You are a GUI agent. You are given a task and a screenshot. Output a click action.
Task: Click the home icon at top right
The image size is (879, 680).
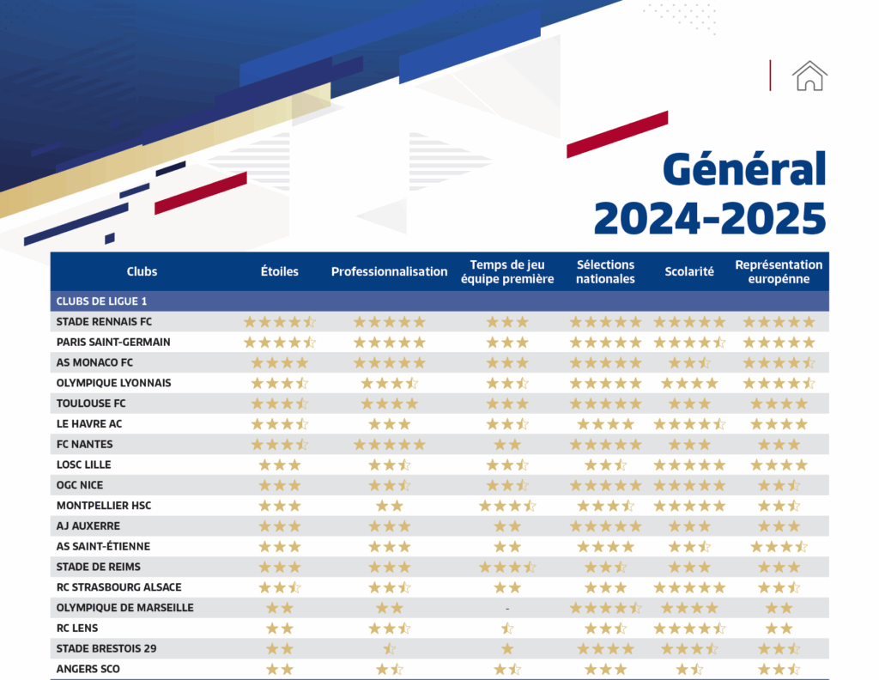810,76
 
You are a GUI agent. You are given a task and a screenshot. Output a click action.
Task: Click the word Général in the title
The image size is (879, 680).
744,168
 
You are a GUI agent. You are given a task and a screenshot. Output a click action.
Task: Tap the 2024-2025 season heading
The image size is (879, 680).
709,217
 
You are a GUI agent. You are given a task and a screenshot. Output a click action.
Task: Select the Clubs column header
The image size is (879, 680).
142,271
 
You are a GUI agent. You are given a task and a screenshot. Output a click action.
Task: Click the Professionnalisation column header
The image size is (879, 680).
389,271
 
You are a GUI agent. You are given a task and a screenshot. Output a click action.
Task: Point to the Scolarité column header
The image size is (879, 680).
689,271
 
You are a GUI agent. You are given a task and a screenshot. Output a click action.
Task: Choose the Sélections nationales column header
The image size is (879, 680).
605,271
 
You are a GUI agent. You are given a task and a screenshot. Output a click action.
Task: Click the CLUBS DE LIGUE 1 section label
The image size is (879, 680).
101,301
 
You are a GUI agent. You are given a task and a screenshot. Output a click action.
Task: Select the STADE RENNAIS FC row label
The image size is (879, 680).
104,322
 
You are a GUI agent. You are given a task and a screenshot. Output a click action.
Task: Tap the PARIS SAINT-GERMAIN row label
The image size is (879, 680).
113,342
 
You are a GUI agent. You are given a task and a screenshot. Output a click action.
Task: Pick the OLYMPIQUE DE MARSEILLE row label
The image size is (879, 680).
124,608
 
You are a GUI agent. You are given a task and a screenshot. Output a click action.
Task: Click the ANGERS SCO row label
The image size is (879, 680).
88,669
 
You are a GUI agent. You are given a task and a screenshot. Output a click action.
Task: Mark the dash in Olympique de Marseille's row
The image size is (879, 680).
507,609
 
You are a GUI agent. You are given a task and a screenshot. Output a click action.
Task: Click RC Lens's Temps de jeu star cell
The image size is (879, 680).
507,628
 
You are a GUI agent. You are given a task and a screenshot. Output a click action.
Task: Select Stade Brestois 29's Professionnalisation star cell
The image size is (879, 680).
389,649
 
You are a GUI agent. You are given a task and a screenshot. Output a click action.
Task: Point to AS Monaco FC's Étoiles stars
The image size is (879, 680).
280,363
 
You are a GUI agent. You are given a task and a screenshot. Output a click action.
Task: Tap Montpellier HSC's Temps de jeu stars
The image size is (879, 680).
507,506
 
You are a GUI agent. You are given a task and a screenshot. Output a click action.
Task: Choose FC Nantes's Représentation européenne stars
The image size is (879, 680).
779,445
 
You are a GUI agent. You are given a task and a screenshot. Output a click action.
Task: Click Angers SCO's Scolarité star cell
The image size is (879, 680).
689,670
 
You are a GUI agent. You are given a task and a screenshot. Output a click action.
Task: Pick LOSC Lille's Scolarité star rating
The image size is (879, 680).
689,465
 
